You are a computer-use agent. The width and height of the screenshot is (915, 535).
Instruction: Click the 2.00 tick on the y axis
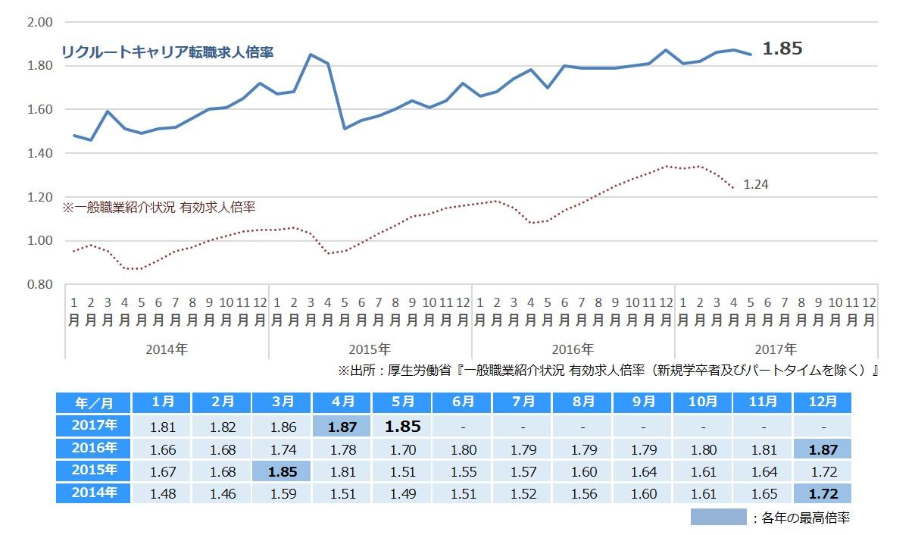pyautogui.click(x=39, y=22)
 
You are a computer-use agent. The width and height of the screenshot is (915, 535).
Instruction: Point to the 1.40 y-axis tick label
pyautogui.click(x=39, y=153)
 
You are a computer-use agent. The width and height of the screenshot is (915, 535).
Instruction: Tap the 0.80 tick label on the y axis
pyautogui.click(x=39, y=284)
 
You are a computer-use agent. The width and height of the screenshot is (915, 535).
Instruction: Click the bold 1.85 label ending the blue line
pyautogui.click(x=782, y=48)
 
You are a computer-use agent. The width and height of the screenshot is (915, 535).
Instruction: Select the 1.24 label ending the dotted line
pyautogui.click(x=756, y=183)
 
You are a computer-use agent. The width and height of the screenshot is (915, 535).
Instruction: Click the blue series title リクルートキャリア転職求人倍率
pyautogui.click(x=167, y=52)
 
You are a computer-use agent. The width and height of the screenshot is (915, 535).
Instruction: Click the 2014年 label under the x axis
pyautogui.click(x=167, y=349)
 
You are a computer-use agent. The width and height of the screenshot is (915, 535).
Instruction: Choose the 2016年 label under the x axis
pyautogui.click(x=573, y=349)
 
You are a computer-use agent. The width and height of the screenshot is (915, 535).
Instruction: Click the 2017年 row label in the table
pyautogui.click(x=95, y=426)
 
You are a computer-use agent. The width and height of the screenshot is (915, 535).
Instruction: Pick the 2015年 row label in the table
pyautogui.click(x=95, y=471)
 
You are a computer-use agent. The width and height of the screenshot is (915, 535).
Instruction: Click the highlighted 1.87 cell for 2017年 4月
pyautogui.click(x=342, y=426)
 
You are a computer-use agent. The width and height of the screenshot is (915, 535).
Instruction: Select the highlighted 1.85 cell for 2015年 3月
pyautogui.click(x=282, y=471)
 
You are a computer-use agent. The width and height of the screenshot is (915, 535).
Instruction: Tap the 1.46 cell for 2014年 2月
pyautogui.click(x=222, y=494)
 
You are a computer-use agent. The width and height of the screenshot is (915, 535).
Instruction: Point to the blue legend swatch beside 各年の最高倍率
pyautogui.click(x=718, y=518)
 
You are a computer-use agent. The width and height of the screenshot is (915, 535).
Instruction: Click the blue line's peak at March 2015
pyautogui.click(x=311, y=54)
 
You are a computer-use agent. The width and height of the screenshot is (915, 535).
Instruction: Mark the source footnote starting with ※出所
pyautogui.click(x=609, y=371)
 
